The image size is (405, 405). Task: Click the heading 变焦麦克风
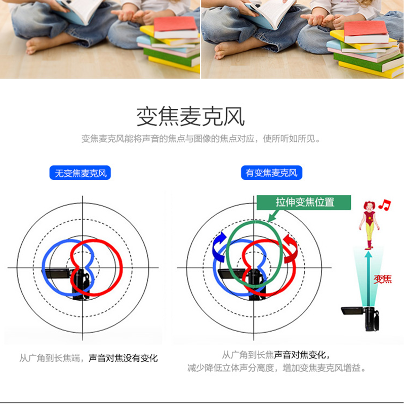coord(190,117)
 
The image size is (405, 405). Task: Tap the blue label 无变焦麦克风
coord(80,173)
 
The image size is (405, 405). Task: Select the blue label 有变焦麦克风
coord(271,173)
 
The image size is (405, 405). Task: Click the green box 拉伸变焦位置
coord(304,202)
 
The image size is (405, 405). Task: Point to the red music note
coord(385,205)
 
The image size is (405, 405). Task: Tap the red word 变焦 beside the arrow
coord(383,279)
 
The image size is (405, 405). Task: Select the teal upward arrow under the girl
coord(369,279)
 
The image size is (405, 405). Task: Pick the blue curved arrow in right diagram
coord(219,247)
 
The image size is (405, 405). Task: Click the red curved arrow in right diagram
coord(290,249)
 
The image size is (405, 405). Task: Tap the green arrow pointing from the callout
coord(274,216)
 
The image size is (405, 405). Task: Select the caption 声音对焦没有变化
coord(123,358)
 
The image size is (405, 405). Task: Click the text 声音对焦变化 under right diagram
coord(300,355)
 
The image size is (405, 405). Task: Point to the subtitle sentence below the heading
coord(200,139)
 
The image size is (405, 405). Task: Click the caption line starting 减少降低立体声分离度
coord(276,368)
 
